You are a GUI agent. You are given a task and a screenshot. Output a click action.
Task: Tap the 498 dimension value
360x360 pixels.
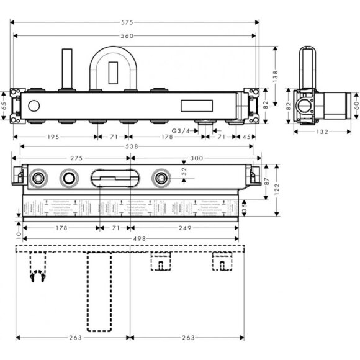tap(130, 236)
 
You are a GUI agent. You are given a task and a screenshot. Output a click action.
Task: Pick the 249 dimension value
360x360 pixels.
tap(184, 228)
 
